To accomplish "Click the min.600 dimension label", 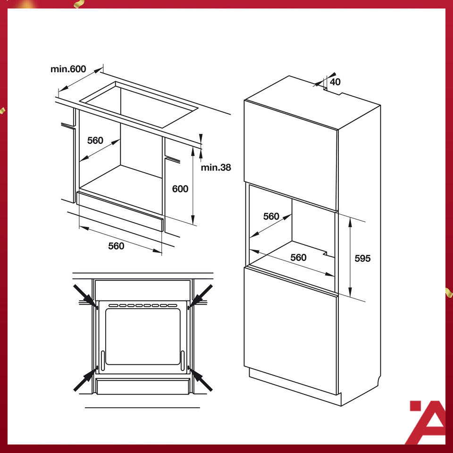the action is (x=68, y=69).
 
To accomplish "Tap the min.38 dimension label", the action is (x=216, y=168).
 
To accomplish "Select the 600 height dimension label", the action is (x=180, y=189).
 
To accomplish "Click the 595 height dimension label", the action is (x=362, y=258).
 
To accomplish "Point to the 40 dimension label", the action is (x=335, y=82).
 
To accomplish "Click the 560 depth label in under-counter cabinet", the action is (x=95, y=141).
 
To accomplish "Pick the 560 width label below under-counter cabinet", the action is (x=116, y=246).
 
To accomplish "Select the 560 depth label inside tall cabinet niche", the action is (x=271, y=217).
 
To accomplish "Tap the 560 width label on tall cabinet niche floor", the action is (x=298, y=258).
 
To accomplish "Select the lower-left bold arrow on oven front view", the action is (x=85, y=378).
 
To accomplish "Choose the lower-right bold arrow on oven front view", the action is (x=200, y=379).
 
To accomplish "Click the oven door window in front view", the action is (x=143, y=336).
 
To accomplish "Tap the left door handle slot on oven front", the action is (x=102, y=361).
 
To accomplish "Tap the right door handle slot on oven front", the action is (x=183, y=361).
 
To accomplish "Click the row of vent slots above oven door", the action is (x=143, y=305).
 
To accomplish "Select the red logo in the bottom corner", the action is (x=427, y=422).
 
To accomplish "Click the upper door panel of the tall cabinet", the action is (x=291, y=155).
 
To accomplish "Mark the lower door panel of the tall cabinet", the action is (x=291, y=330).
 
